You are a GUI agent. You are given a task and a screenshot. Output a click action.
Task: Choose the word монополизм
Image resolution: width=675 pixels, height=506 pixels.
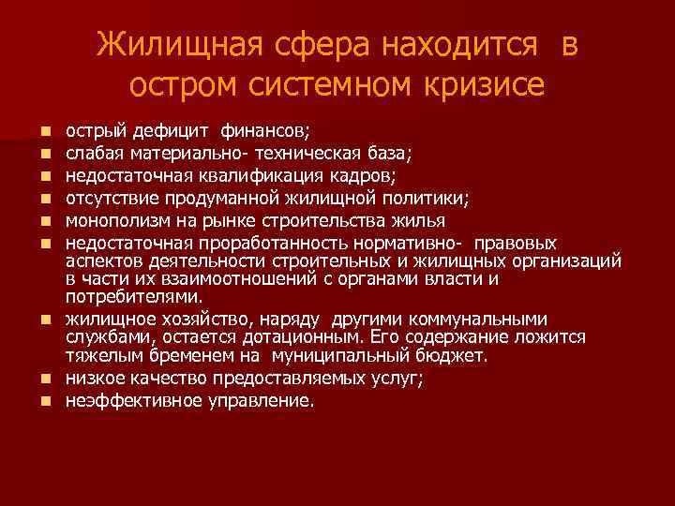click(x=116, y=221)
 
